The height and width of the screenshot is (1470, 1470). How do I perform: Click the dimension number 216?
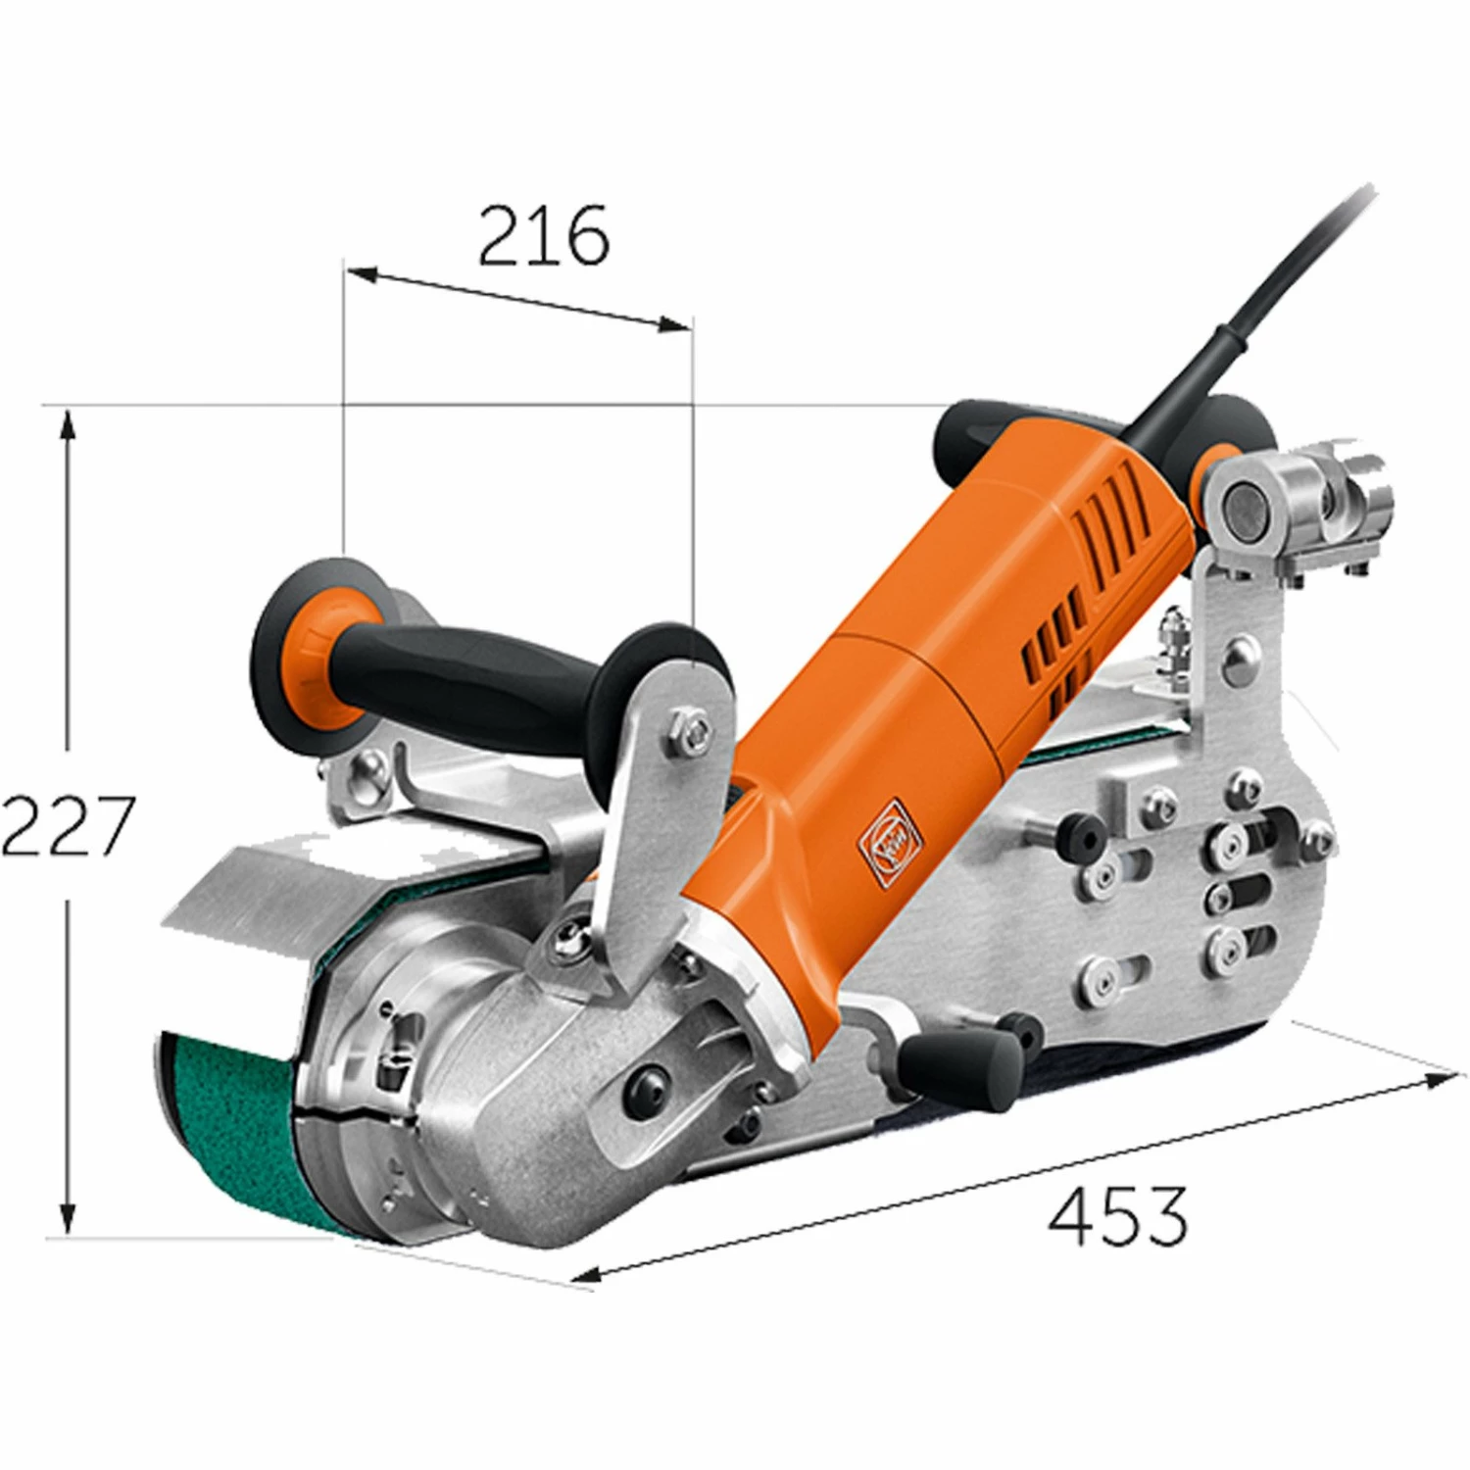(x=544, y=236)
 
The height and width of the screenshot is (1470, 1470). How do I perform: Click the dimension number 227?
(x=67, y=826)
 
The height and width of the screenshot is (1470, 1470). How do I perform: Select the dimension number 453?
(x=1117, y=1215)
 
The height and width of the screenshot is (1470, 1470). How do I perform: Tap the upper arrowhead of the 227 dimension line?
(x=67, y=423)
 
